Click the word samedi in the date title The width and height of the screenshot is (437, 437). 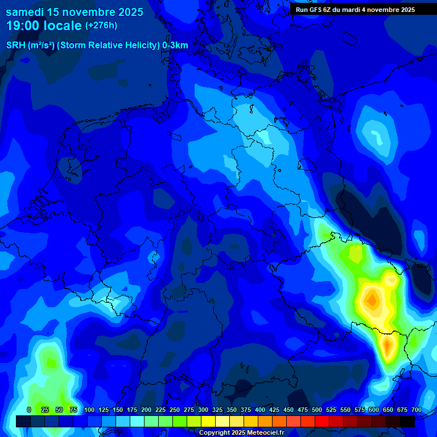(27, 11)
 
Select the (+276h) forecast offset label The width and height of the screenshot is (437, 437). (101, 26)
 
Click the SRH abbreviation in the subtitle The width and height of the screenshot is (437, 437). (16, 46)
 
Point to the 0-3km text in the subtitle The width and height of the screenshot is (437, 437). (175, 46)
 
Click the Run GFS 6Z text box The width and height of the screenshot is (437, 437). (355, 10)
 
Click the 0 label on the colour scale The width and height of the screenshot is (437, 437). (29, 410)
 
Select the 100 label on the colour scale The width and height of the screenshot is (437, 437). (89, 410)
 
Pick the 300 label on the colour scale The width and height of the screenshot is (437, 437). (203, 410)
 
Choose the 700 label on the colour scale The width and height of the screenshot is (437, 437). (417, 410)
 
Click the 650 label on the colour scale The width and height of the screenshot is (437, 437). (388, 410)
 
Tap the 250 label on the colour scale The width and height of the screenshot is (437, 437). (175, 410)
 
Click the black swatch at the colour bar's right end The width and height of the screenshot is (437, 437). (407, 421)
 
